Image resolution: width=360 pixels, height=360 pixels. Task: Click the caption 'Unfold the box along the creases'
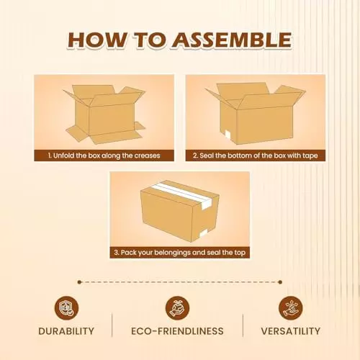[105, 156]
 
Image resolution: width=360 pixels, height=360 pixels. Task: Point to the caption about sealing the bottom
[256, 156]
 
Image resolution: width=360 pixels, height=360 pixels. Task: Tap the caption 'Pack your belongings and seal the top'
[180, 253]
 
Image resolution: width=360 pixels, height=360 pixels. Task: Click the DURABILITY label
[67, 331]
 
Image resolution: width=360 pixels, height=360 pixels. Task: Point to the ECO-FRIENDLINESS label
[177, 331]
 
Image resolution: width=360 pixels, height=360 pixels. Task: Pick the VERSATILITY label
[289, 331]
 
